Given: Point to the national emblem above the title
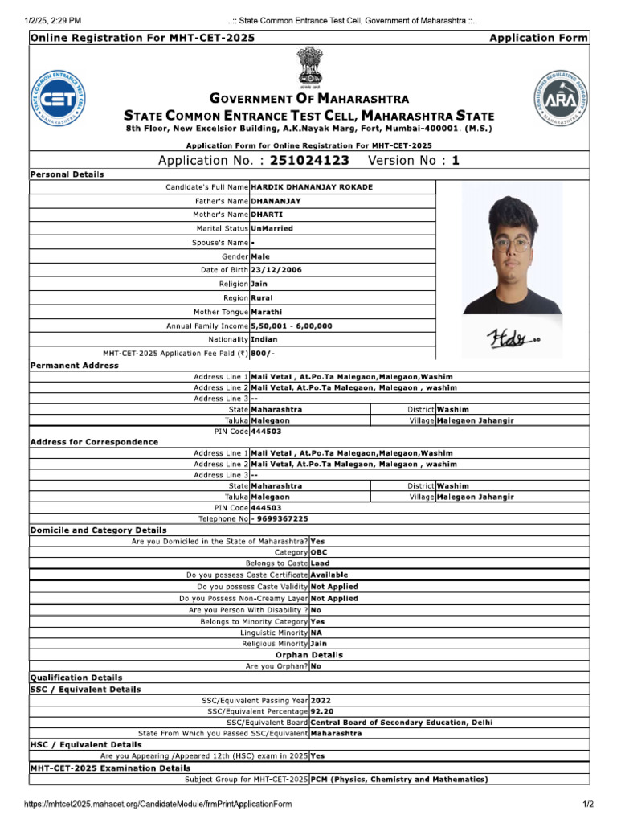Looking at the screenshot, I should (x=309, y=66).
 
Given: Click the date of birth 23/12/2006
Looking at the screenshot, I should (x=276, y=270).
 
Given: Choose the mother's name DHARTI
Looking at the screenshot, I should (x=267, y=215).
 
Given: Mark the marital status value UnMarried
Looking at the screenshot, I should (x=272, y=228).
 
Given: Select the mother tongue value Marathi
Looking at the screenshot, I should (x=266, y=312).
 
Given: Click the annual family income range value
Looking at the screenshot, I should (x=291, y=326).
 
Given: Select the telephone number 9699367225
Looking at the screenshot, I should (x=281, y=518).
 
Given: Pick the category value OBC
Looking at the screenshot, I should (x=319, y=553).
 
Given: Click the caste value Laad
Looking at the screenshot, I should (x=320, y=564).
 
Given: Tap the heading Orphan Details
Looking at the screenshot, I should (x=309, y=655).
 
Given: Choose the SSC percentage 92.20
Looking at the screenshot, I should (x=322, y=711).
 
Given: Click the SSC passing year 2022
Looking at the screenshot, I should (x=321, y=700).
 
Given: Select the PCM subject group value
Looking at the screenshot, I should (x=398, y=780).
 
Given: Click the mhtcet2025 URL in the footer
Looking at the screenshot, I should (x=157, y=805).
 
